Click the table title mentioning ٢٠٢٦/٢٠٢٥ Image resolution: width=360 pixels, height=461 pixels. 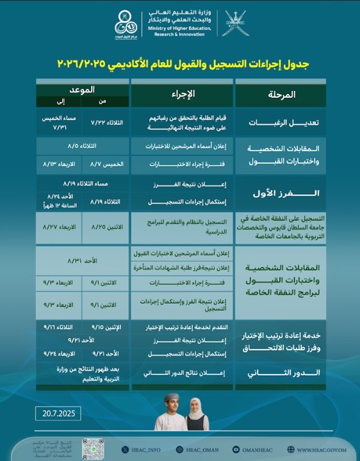pos(179,65)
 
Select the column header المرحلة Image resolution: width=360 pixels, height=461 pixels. pos(280,95)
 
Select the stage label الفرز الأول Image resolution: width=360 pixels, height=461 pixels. pos(280,193)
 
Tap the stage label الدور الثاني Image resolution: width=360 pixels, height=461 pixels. pos(280,373)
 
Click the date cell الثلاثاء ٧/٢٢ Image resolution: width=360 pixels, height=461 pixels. pos(106,122)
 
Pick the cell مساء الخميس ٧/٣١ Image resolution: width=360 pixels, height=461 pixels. pos(58,122)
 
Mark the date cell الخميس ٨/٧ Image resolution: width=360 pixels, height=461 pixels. pos(106,164)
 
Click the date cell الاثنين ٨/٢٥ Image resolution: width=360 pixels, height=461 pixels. pos(106,227)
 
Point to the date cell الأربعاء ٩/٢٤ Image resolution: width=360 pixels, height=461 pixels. pos(58,352)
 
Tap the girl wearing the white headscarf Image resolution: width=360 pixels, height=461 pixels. pos(195,413)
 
